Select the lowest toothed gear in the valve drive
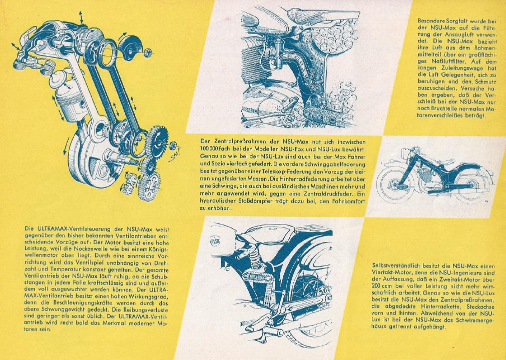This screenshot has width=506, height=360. (149, 187)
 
